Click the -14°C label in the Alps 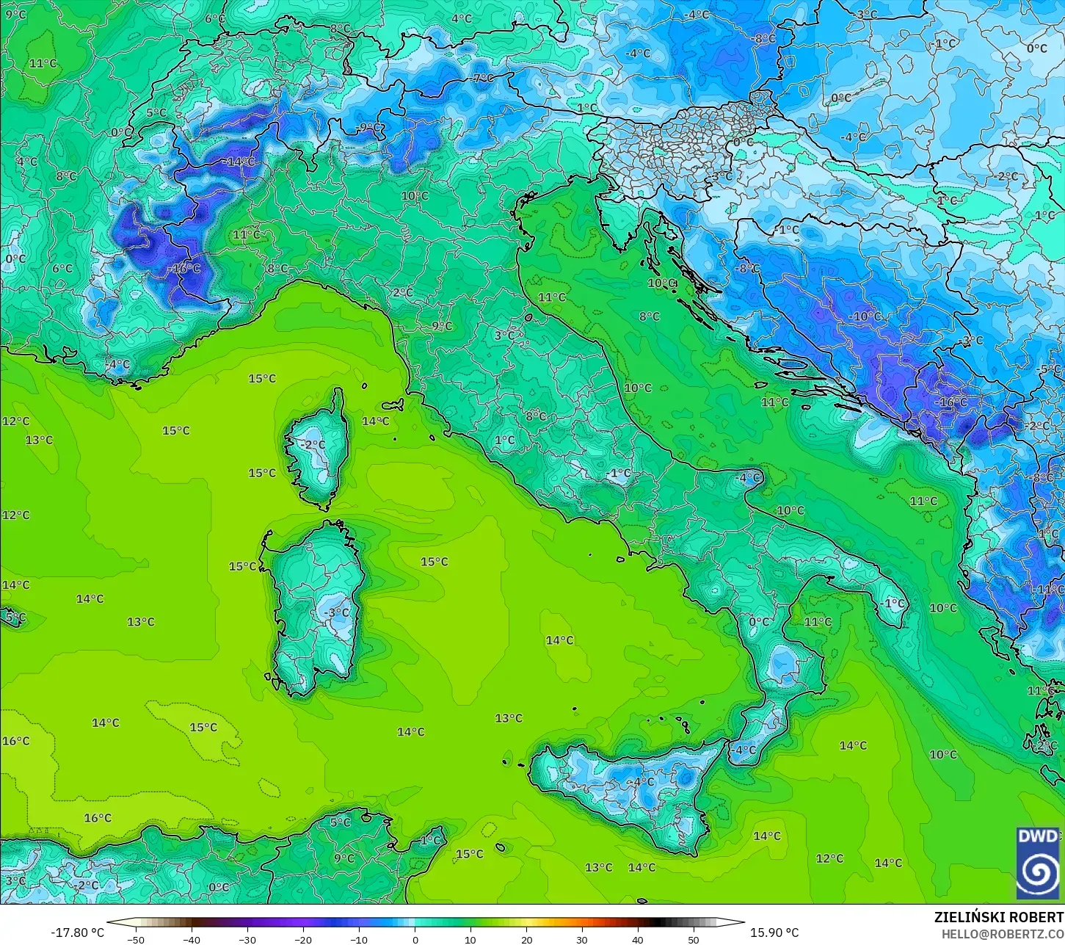tap(240, 162)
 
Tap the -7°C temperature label tap(482, 78)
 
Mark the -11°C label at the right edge tap(1048, 589)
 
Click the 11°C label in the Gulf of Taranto tap(818, 621)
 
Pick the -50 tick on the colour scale tap(135, 939)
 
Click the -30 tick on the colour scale tap(247, 939)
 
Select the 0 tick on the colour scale tap(415, 939)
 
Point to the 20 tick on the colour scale tap(526, 939)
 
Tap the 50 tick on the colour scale tap(694, 939)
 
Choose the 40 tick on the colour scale tap(638, 939)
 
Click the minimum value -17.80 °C tap(77, 933)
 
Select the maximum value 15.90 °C tap(774, 933)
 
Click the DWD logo tap(1038, 863)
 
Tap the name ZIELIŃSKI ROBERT tap(998, 918)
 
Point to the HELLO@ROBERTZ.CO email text tap(1003, 933)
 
